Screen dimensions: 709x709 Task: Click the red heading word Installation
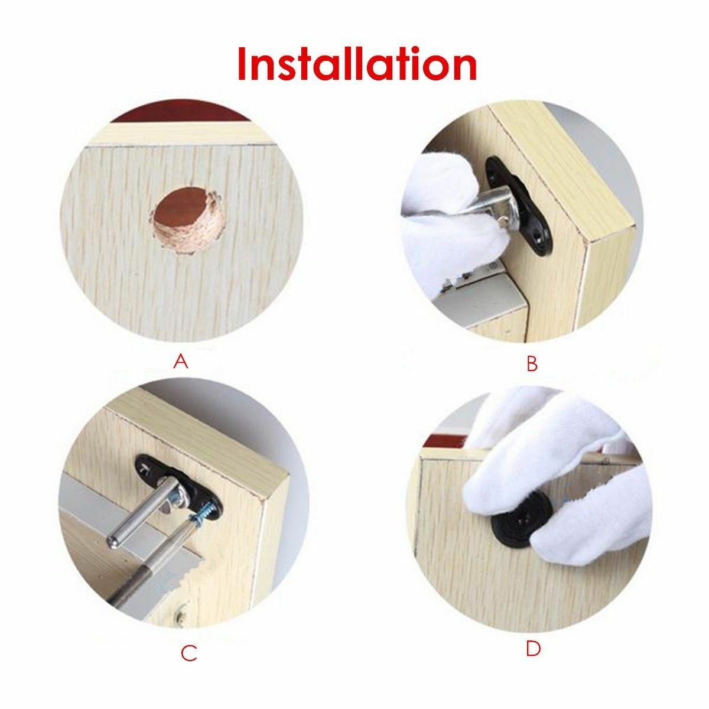(357, 64)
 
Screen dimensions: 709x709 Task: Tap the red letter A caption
(181, 362)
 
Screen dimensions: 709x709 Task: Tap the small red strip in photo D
(447, 438)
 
